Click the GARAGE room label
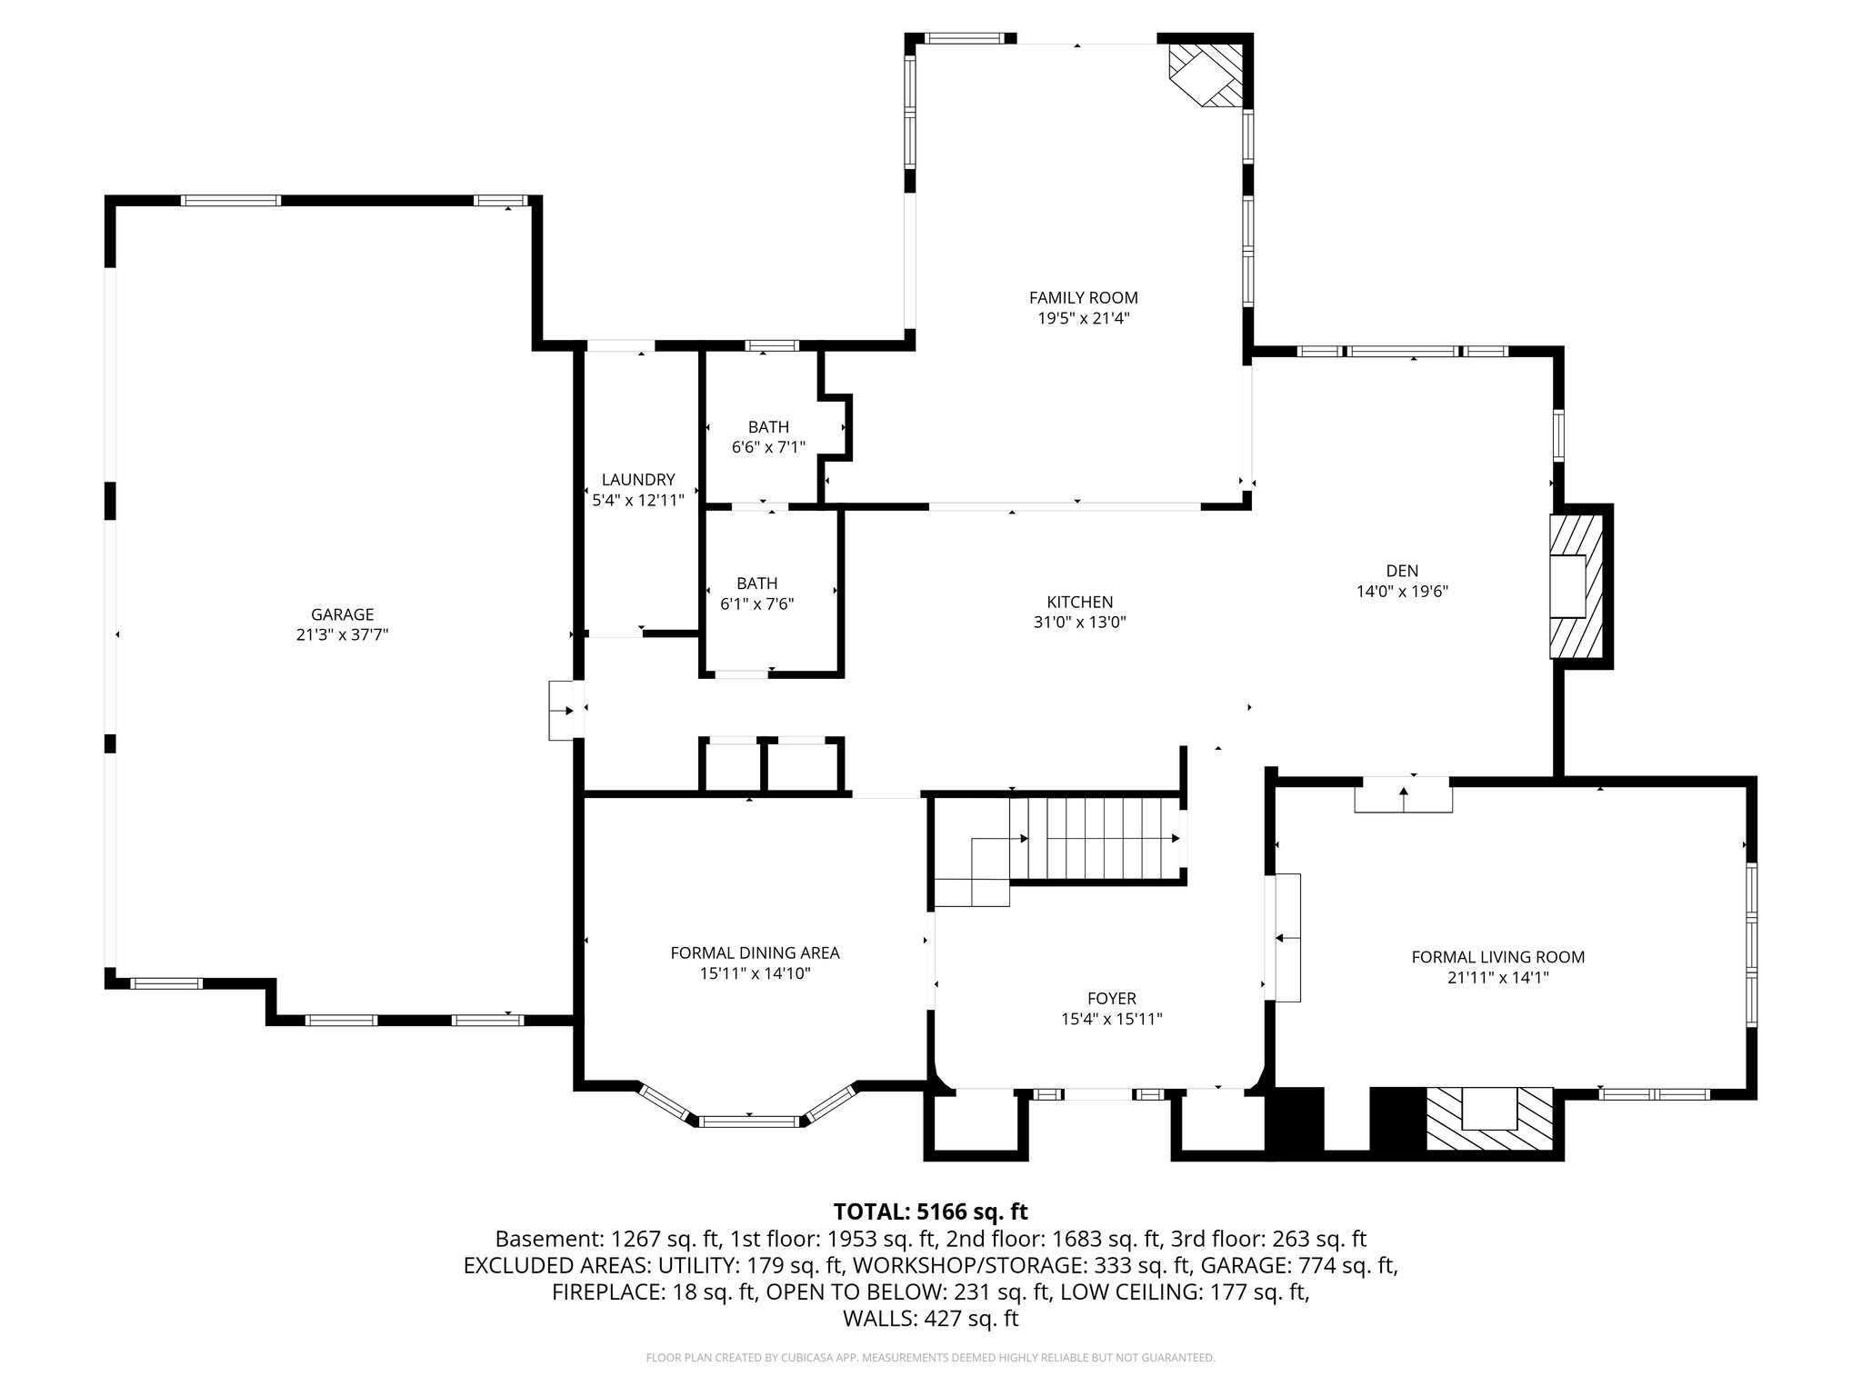(342, 614)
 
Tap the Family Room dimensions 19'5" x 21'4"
(1083, 318)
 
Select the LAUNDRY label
(638, 480)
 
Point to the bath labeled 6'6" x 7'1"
(768, 427)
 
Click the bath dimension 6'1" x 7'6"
(756, 603)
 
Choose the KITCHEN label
(1079, 602)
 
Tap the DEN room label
(1401, 571)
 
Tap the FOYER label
(1111, 998)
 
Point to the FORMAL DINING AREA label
(755, 952)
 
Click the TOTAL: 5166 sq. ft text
(930, 1212)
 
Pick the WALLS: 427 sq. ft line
(930, 1319)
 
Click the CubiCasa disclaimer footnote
(930, 1358)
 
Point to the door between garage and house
(564, 710)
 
